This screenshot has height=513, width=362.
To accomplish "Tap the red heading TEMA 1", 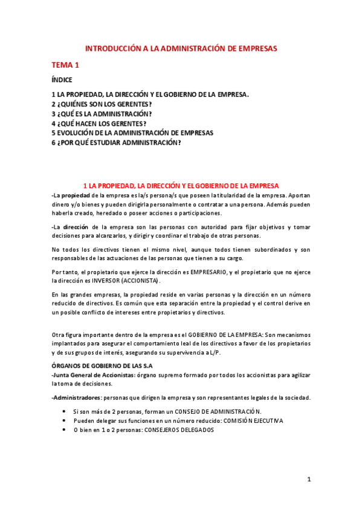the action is pyautogui.click(x=65, y=65).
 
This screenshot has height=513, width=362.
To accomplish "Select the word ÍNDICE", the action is pyautogui.click(x=62, y=80).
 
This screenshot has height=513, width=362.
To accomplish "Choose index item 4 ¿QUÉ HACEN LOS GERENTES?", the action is pyautogui.click(x=99, y=123).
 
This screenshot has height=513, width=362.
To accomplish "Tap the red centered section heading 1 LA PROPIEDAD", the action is pyautogui.click(x=181, y=185).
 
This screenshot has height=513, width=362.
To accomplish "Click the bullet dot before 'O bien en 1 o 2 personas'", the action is pyautogui.click(x=65, y=430).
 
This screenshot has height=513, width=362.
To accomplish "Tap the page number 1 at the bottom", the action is pyautogui.click(x=308, y=480).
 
